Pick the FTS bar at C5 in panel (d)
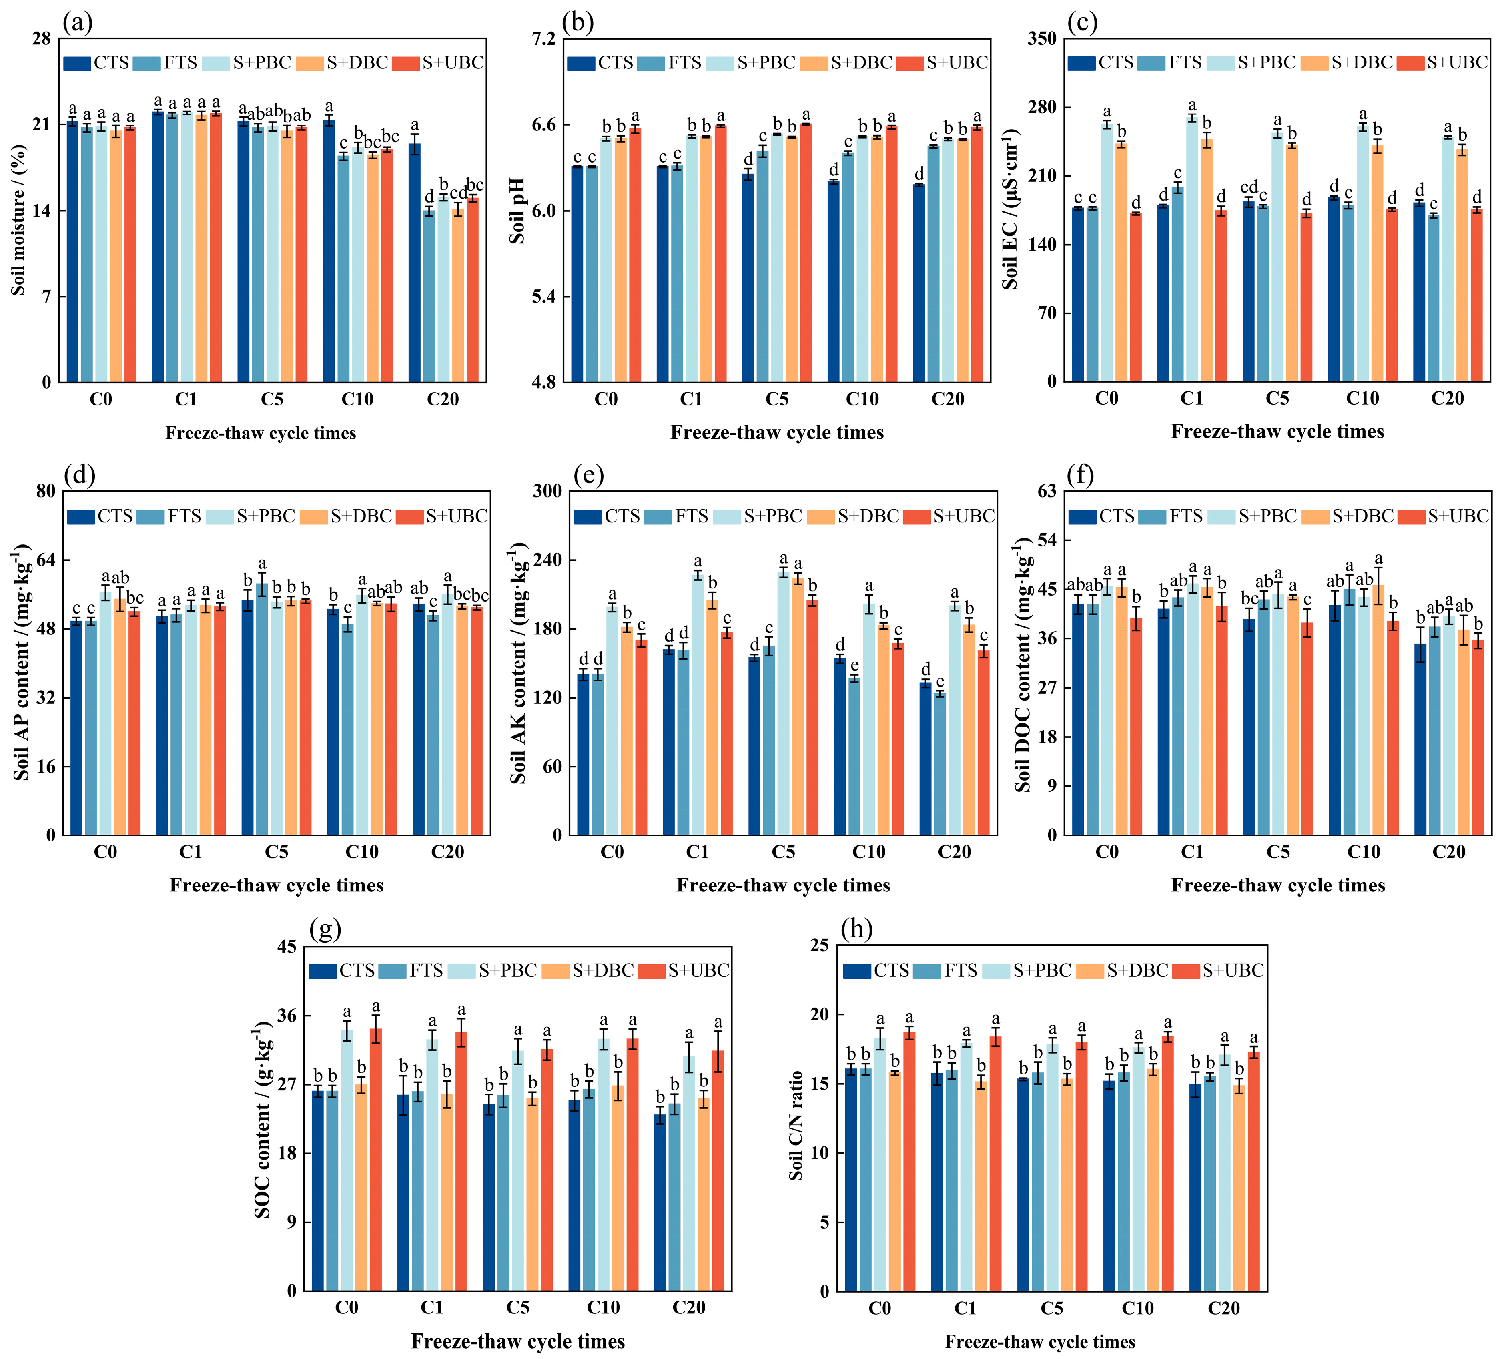click(x=263, y=709)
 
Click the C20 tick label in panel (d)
click(x=447, y=851)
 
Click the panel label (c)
click(x=1082, y=23)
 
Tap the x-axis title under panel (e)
click(x=783, y=885)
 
